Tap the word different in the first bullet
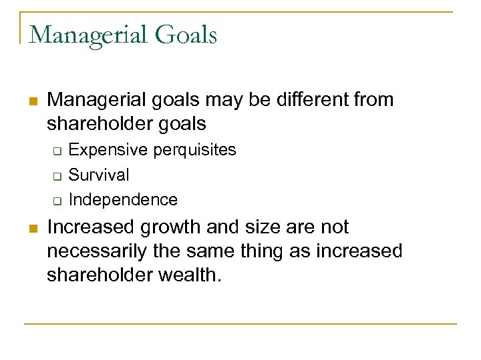pos(309,101)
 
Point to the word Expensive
pos(109,150)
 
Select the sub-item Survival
pos(99,175)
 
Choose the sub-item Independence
pos(123,200)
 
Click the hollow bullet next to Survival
pos(57,176)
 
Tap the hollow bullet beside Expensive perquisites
pos(57,151)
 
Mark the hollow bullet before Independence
pos(57,201)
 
